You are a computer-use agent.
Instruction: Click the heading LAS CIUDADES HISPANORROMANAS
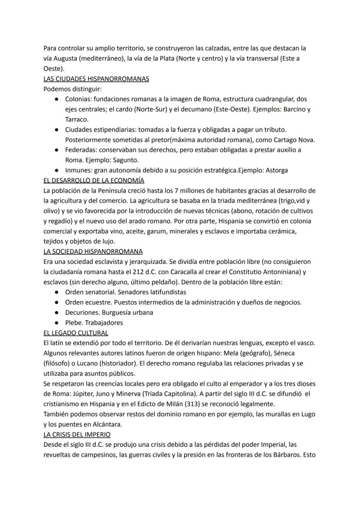[96, 79]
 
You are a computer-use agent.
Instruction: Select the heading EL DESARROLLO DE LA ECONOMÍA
[94, 180]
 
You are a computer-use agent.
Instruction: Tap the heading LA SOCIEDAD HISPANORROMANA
[93, 251]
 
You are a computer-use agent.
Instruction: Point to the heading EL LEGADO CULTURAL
[76, 333]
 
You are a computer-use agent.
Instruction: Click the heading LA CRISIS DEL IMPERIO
[77, 434]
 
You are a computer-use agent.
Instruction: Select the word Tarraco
[77, 119]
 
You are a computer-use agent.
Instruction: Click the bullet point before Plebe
[57, 323]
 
